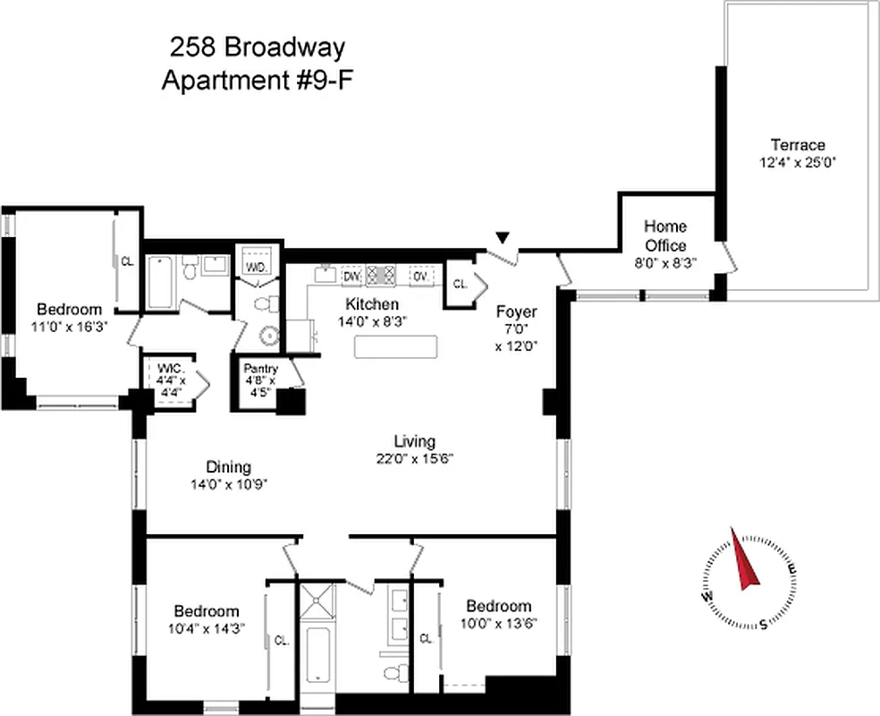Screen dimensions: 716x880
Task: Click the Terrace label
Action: pyautogui.click(x=798, y=144)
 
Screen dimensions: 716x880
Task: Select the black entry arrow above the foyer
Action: pyautogui.click(x=503, y=237)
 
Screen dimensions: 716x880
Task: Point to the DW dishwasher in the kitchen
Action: pyautogui.click(x=351, y=276)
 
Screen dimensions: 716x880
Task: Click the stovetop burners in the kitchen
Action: pyautogui.click(x=382, y=276)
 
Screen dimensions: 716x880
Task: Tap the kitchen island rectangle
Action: pyautogui.click(x=396, y=347)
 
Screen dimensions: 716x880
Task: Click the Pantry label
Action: pyautogui.click(x=260, y=369)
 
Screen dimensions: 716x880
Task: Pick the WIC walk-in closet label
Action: pyautogui.click(x=170, y=369)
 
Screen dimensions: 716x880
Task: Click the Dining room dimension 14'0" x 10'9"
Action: pyautogui.click(x=228, y=484)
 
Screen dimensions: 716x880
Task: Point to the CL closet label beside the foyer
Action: pyautogui.click(x=461, y=284)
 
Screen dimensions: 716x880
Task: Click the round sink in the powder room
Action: pyautogui.click(x=269, y=336)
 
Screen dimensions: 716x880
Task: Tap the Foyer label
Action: pyautogui.click(x=516, y=312)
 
